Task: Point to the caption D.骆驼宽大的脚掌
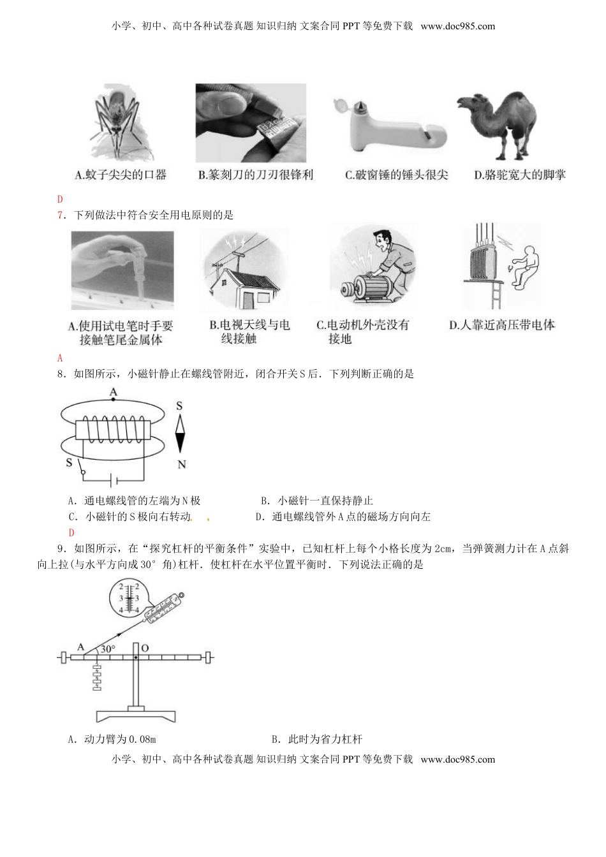coord(520,175)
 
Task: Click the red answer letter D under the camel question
coord(60,199)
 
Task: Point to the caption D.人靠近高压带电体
coord(502,325)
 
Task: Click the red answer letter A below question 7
coord(60,358)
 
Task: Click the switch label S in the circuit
coord(69,462)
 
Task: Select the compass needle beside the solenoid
coord(180,434)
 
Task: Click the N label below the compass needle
coord(181,465)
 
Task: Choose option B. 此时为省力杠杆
coord(316,739)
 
